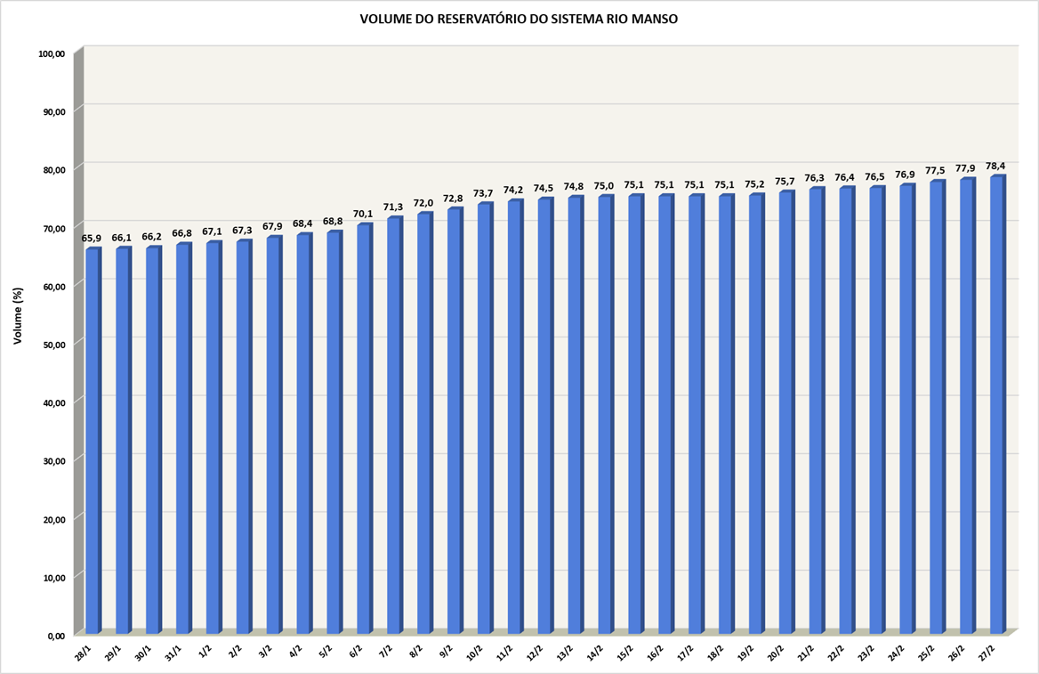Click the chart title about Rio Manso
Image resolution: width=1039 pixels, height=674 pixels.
(519, 19)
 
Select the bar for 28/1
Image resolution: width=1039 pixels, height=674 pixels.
(93, 441)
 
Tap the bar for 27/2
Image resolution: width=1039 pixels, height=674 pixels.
(996, 405)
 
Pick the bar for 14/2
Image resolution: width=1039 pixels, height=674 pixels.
(605, 414)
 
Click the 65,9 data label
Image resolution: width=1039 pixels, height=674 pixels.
(92, 239)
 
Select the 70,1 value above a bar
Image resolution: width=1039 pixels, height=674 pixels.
(363, 214)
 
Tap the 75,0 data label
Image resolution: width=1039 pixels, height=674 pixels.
(604, 186)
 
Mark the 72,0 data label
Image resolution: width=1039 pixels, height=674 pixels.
(423, 203)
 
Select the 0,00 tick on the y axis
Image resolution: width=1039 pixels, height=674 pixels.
(56, 636)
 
